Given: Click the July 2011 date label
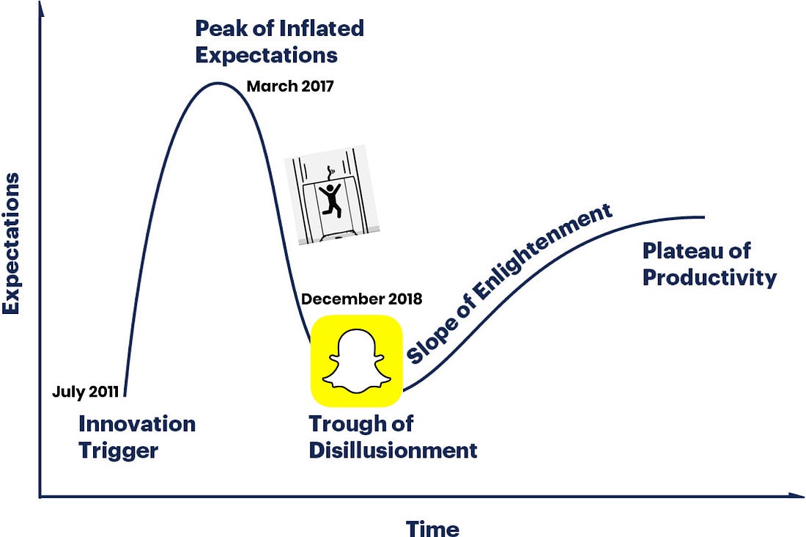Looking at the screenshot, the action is [x=85, y=392].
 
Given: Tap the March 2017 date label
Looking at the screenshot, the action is [x=290, y=86].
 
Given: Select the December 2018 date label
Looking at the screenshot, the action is [x=361, y=299].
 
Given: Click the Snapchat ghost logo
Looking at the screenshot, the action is [x=356, y=360].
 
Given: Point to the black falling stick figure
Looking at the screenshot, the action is [x=330, y=198].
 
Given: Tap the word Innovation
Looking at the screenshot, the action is [x=137, y=424].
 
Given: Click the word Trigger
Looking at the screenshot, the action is [x=118, y=451].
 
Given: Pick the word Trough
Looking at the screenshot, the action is [x=344, y=424].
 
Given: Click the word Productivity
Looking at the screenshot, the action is [x=710, y=278].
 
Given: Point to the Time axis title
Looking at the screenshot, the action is [x=432, y=529].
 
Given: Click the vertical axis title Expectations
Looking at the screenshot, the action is [x=11, y=244].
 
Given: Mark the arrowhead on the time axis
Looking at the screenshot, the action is [x=796, y=495].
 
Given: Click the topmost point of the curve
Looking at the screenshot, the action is [x=218, y=83].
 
